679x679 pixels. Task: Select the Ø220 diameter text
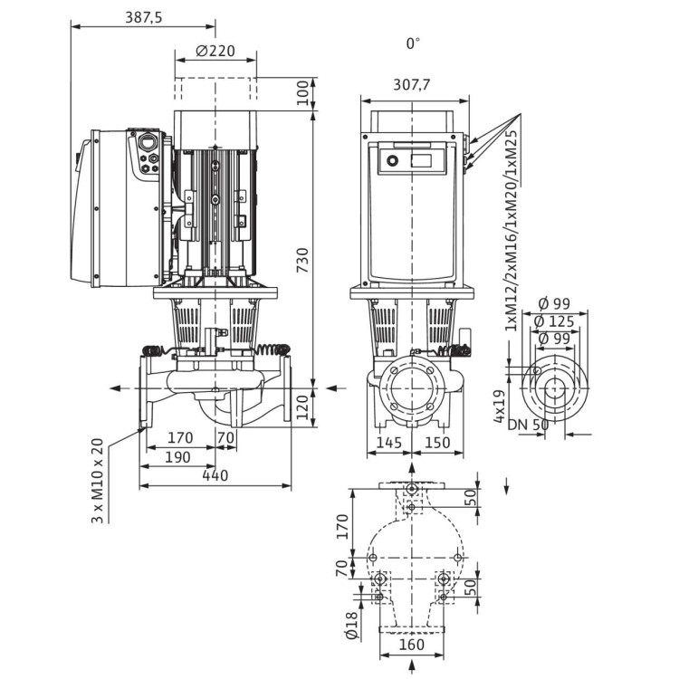[215, 51]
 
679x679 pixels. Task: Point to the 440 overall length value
[215, 475]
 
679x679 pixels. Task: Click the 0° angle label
[414, 43]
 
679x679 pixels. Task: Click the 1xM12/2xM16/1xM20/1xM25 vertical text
[512, 232]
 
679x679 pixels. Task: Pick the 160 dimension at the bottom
[412, 646]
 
